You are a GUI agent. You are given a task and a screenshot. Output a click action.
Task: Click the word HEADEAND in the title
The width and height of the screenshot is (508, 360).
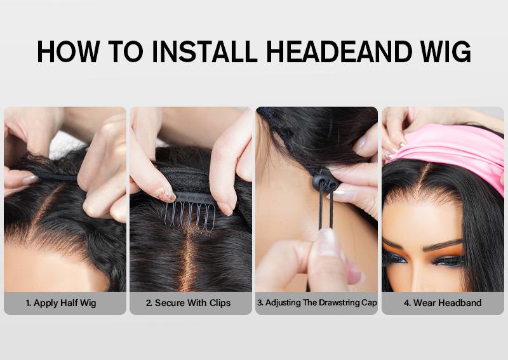[x=339, y=51]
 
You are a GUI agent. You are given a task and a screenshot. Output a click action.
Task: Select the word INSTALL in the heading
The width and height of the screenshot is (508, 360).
[x=204, y=51]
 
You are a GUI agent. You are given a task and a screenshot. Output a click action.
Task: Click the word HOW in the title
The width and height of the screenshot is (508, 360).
[x=68, y=51]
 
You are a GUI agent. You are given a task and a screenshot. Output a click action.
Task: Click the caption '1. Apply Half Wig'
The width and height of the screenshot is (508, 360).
[x=61, y=303]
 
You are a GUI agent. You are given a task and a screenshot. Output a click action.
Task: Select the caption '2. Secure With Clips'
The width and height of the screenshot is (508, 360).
[x=188, y=303]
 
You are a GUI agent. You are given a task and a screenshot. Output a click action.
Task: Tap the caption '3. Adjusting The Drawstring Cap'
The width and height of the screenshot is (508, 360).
[x=317, y=303]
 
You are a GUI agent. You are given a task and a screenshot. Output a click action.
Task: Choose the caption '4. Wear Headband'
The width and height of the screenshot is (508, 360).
[x=443, y=303]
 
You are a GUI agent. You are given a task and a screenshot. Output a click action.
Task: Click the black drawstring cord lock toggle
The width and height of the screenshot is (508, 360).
[x=325, y=181]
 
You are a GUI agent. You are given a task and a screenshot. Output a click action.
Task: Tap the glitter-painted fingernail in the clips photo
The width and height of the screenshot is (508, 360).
[x=166, y=195]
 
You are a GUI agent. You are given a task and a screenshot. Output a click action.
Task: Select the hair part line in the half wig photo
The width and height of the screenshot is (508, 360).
[x=44, y=211]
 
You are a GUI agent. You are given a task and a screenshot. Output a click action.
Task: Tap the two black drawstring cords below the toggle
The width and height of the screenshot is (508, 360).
[x=326, y=208]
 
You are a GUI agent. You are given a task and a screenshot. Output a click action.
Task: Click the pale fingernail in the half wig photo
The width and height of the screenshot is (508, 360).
[x=30, y=179]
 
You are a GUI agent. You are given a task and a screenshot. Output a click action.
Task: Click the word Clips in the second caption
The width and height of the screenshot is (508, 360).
[x=220, y=303]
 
